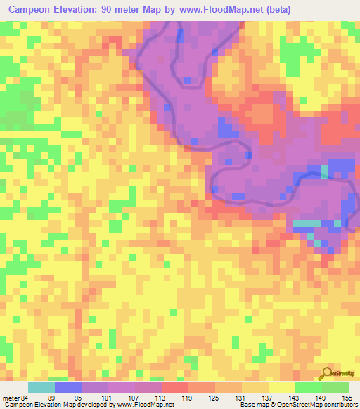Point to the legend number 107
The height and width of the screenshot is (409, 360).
129,397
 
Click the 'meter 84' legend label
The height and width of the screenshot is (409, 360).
15,397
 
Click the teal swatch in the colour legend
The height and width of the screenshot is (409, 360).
41,387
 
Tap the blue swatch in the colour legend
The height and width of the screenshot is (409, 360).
68,387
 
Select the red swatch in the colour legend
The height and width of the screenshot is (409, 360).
175,387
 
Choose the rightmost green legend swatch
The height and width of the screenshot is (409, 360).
335,387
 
